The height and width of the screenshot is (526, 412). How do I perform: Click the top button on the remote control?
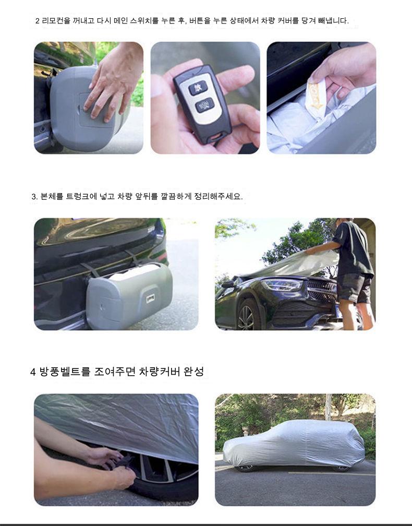tap(198, 88)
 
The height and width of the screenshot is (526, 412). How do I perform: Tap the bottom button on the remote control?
tap(205, 105)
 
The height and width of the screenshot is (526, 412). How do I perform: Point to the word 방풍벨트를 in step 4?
tap(65, 372)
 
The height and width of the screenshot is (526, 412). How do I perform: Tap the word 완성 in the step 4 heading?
tap(194, 372)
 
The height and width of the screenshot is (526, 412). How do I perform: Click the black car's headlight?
tap(282, 285)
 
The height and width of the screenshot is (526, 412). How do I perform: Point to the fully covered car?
tap(294, 443)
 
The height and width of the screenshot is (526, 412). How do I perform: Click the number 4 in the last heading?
tap(33, 372)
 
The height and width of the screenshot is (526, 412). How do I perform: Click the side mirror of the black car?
tap(228, 284)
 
